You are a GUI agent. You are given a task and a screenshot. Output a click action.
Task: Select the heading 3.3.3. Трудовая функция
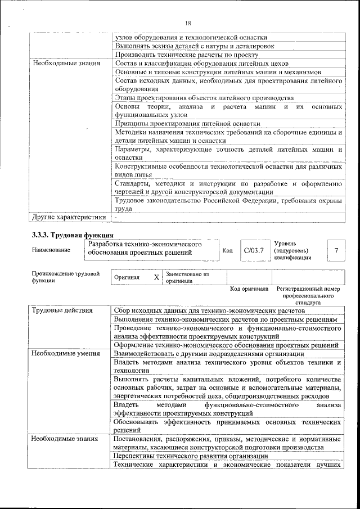(x=73, y=235)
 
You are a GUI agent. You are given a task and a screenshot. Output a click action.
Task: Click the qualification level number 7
(x=336, y=250)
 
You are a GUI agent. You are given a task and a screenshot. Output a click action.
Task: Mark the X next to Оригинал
(x=156, y=277)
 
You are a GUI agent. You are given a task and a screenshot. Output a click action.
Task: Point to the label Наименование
(x=51, y=250)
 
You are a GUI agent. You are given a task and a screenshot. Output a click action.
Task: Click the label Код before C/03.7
(x=228, y=250)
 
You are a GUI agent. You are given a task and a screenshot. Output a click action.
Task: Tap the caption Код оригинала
(x=249, y=289)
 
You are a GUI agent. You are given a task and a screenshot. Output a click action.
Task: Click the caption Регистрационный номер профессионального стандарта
(x=309, y=295)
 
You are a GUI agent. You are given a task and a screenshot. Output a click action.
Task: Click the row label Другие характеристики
(x=69, y=217)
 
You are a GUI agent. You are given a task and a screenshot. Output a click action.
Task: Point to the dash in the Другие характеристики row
(x=115, y=217)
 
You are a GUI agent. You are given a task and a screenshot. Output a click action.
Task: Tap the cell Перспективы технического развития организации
(x=190, y=456)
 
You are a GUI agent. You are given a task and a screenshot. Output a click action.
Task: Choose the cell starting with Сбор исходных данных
(x=209, y=310)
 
